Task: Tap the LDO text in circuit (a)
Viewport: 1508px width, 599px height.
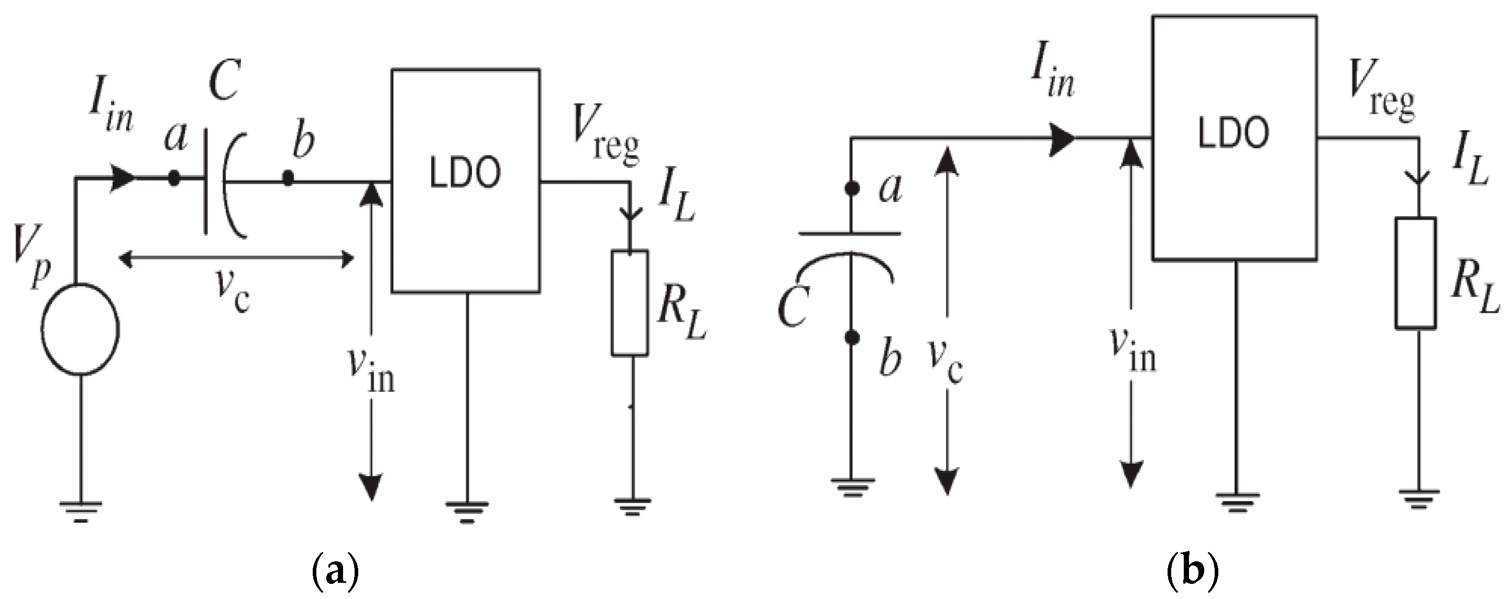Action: (x=466, y=174)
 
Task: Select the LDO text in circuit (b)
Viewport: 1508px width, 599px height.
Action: (x=1234, y=133)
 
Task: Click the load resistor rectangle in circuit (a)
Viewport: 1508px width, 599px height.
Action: (x=630, y=302)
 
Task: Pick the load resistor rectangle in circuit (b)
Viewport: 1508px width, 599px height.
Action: (x=1415, y=273)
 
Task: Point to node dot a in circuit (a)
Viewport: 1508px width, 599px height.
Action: (x=174, y=178)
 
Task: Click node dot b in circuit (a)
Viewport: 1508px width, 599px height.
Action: (x=288, y=177)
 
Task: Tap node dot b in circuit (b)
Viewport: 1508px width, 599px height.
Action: (x=852, y=337)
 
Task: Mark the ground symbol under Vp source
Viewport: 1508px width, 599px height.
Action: (x=81, y=511)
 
